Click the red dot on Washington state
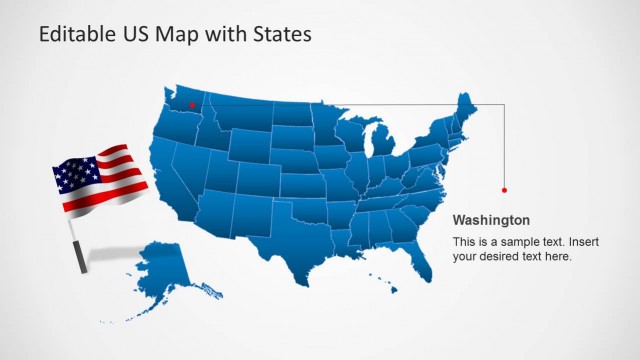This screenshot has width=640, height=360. pyautogui.click(x=191, y=103)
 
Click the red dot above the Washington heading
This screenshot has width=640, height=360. pyautogui.click(x=504, y=189)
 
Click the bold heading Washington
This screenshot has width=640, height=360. pyautogui.click(x=491, y=220)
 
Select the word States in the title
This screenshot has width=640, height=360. pyautogui.click(x=284, y=34)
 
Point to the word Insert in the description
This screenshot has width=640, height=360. pyautogui.click(x=557, y=242)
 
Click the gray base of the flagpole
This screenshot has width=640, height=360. pyautogui.click(x=79, y=259)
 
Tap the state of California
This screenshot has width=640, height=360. pyautogui.click(x=170, y=185)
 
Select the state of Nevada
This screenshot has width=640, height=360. pyautogui.click(x=189, y=170)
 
